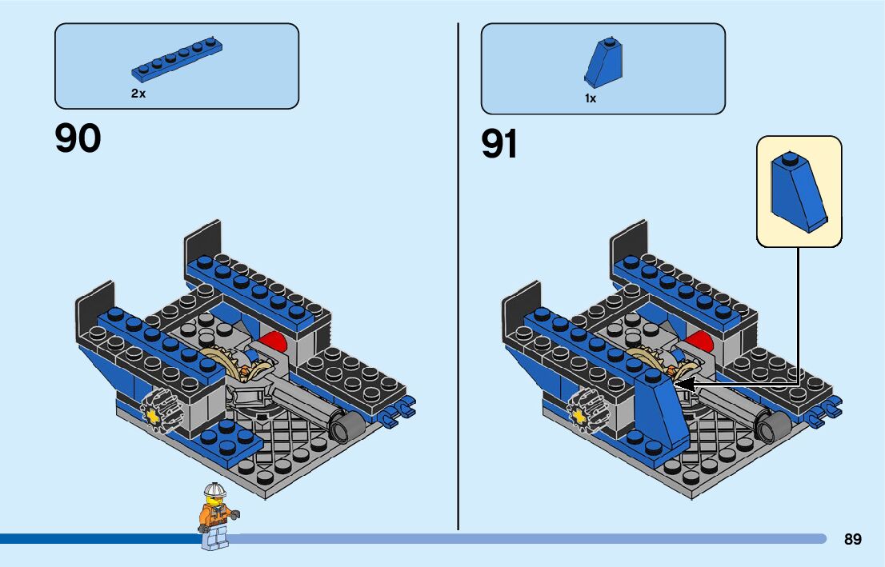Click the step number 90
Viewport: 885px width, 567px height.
click(78, 138)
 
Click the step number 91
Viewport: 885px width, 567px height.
click(500, 144)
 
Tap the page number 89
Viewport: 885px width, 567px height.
click(852, 540)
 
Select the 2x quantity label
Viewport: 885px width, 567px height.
click(138, 94)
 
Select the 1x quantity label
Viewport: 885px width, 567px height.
click(591, 99)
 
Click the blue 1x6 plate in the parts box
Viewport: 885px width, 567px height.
click(178, 60)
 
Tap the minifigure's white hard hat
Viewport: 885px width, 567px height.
click(213, 489)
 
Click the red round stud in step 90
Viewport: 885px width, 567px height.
click(274, 341)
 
